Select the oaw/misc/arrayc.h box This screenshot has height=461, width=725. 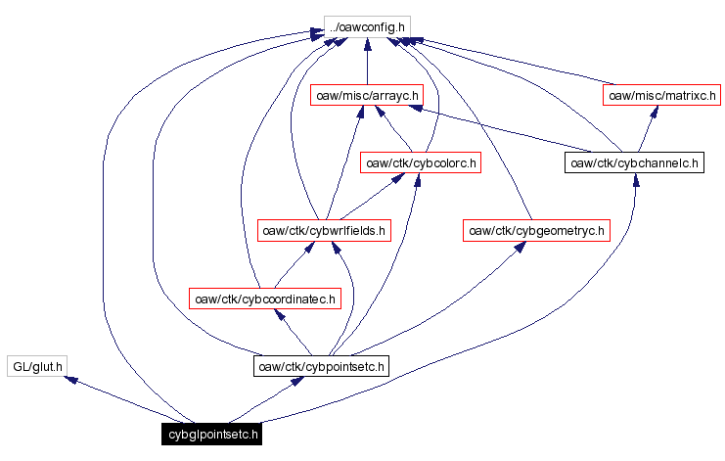point(367,96)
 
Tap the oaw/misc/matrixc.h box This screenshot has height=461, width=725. point(660,96)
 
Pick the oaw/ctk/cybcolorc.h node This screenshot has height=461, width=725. point(421,162)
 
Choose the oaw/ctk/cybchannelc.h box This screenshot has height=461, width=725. point(635,162)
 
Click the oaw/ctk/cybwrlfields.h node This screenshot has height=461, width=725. point(323,231)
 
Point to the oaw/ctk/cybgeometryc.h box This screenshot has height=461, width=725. point(536,231)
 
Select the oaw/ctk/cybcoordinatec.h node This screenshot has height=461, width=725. point(264,299)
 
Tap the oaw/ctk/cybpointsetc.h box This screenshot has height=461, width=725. point(321,367)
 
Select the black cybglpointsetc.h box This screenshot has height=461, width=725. point(213,434)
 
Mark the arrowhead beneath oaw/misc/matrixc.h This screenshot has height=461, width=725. point(651,112)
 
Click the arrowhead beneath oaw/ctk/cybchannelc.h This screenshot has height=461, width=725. point(637,180)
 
